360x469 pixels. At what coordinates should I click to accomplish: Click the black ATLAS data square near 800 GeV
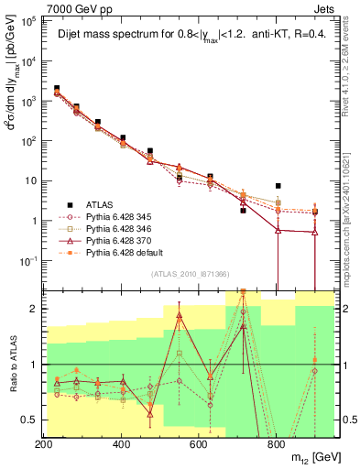pos(278,186)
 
